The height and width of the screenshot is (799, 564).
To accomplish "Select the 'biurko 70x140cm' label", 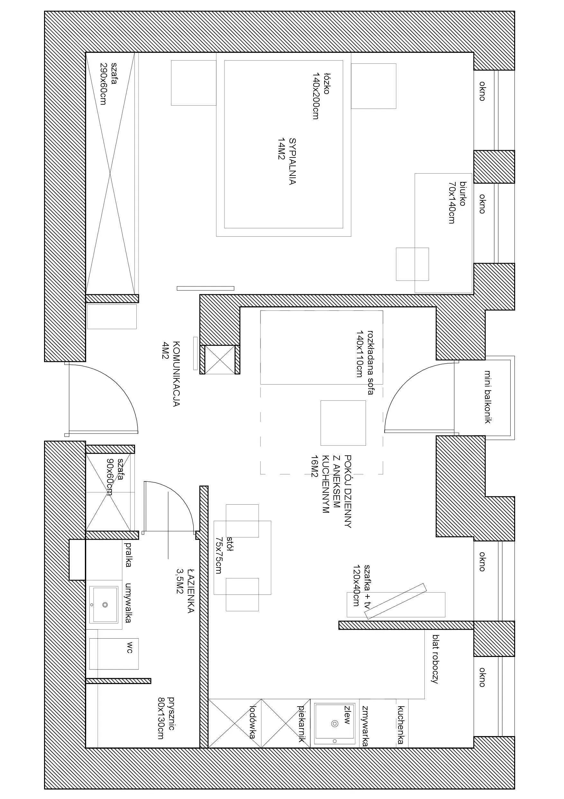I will (x=457, y=202).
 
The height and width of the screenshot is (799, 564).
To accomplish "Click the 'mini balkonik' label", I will (x=488, y=396).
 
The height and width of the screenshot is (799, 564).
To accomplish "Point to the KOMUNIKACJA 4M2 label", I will (x=171, y=374).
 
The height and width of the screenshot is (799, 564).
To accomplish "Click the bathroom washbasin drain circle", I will (x=105, y=605).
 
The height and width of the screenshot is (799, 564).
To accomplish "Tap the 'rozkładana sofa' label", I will (x=365, y=362).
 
